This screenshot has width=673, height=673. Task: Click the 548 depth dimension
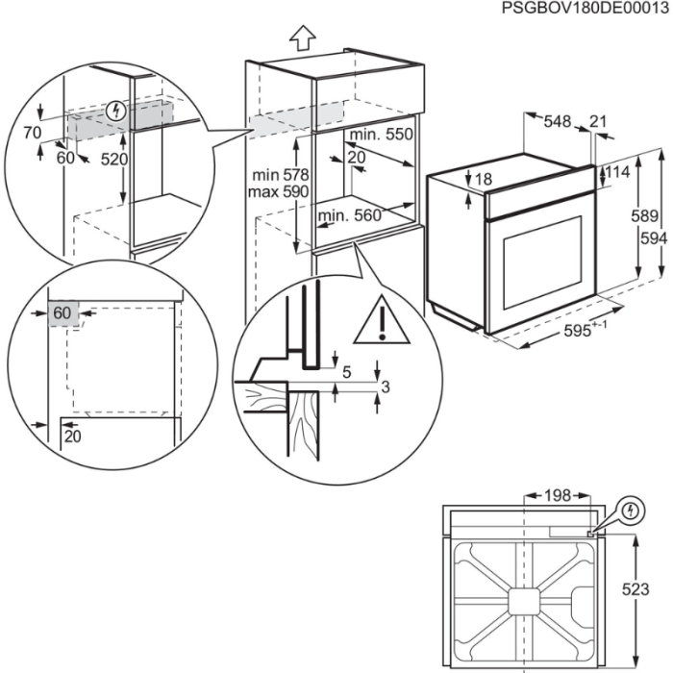tap(557, 121)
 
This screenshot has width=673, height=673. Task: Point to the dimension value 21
tap(598, 121)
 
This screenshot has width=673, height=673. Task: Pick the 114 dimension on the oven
tap(617, 173)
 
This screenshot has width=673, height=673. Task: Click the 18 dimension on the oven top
tap(483, 179)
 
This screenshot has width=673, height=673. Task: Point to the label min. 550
tap(381, 136)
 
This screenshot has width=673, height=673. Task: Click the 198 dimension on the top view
tap(555, 495)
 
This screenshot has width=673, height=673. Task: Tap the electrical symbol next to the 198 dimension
tap(631, 509)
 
